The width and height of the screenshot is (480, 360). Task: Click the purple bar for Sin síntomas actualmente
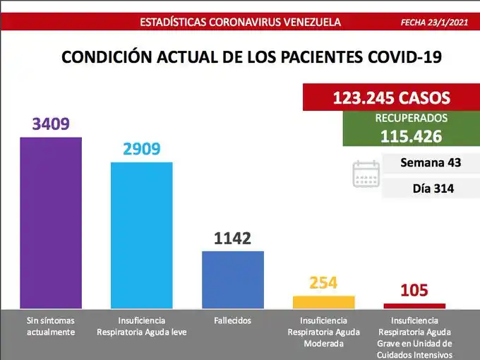coord(50,222)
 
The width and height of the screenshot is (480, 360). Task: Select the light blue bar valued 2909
coord(141,235)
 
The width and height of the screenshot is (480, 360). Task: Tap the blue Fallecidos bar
coord(233,280)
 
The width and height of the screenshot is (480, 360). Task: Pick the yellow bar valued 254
coord(323,302)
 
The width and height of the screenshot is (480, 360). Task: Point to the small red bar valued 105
coord(414,306)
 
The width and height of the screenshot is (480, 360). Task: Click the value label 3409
coord(50,125)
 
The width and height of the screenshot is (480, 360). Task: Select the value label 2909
coord(141,150)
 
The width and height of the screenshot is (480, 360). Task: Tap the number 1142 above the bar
coord(232,239)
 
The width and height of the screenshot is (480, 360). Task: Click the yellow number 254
coord(323,284)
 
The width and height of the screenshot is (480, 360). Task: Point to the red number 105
coord(414,291)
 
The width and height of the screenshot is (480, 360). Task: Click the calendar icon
coord(366,174)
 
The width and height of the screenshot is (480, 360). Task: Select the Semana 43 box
coord(430,162)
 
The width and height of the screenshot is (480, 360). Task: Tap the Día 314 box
coord(430,188)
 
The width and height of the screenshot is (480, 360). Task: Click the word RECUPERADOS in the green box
coord(411,118)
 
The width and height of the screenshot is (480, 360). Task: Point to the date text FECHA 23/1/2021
coord(434,22)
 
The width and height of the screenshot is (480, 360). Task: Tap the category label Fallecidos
coord(232,320)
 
